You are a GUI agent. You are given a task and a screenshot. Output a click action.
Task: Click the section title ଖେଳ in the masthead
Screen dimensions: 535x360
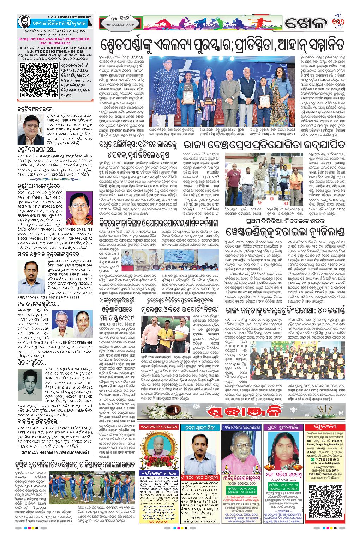[305, 23]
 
